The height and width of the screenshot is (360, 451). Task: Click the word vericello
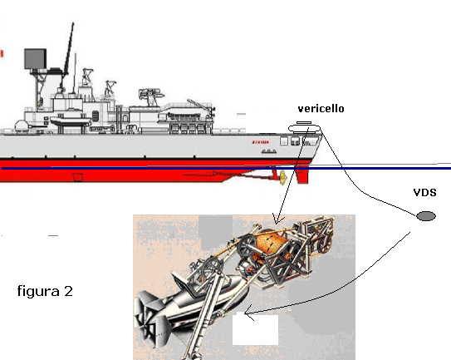(321, 109)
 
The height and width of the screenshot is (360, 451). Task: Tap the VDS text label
(424, 192)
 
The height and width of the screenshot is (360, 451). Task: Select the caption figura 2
(45, 291)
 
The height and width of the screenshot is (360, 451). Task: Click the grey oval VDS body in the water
(426, 216)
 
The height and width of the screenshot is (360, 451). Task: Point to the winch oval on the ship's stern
(305, 128)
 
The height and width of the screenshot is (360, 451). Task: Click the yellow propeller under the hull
(282, 177)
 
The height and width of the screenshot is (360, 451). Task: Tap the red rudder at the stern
(302, 175)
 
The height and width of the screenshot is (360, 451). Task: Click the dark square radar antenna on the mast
(35, 59)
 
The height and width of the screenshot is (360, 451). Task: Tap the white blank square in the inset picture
(256, 329)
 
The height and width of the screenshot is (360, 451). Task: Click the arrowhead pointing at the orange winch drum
(277, 220)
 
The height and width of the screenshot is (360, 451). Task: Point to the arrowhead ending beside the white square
(248, 313)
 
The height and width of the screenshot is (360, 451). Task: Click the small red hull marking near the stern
(261, 142)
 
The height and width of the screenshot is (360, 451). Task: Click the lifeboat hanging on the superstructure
(70, 121)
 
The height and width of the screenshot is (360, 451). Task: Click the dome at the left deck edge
(22, 126)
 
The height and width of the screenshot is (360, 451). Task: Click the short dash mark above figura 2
(53, 235)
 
